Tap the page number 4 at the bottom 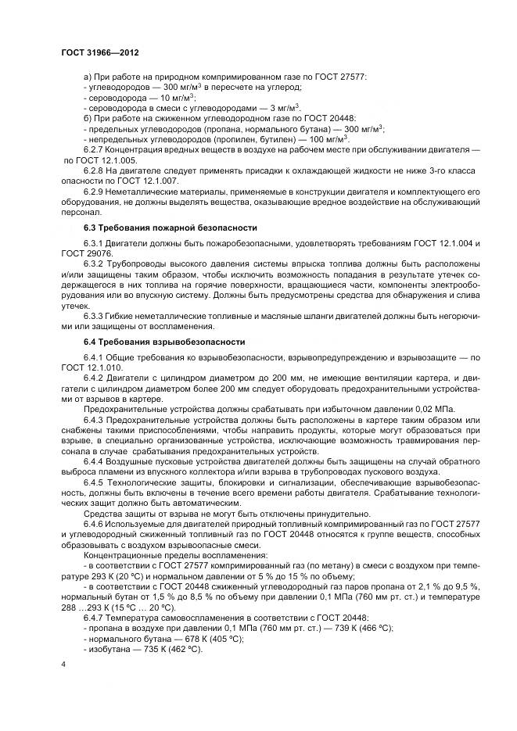(x=62, y=664)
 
